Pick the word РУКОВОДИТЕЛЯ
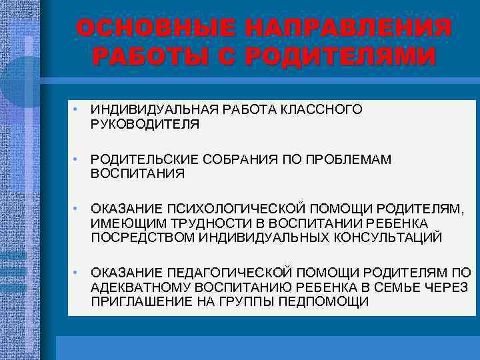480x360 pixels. pos(145,124)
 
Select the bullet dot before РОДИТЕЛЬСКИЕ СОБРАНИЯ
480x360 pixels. pos(77,159)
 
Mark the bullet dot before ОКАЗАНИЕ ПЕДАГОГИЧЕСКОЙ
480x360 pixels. pos(77,273)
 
